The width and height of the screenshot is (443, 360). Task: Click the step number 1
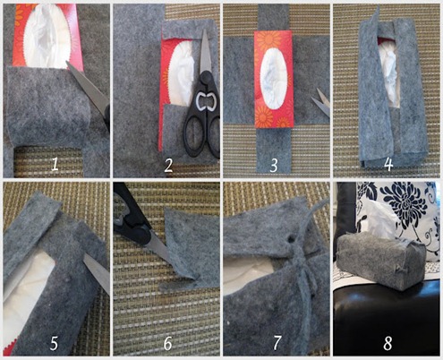pyautogui.click(x=55, y=165)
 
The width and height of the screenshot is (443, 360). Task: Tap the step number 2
pyautogui.click(x=168, y=165)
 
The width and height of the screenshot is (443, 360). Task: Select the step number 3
pyautogui.click(x=274, y=165)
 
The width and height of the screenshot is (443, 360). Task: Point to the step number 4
pyautogui.click(x=388, y=164)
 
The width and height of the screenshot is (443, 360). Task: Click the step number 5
pyautogui.click(x=54, y=343)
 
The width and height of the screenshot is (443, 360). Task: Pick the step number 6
pyautogui.click(x=168, y=343)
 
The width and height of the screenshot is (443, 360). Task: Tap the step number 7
pyautogui.click(x=277, y=343)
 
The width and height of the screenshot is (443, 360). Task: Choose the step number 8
pyautogui.click(x=388, y=343)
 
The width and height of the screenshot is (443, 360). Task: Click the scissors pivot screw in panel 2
pyautogui.click(x=206, y=78)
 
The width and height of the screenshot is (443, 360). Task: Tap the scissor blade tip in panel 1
pyautogui.click(x=67, y=62)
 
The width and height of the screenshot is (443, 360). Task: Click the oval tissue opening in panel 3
pyautogui.click(x=275, y=78)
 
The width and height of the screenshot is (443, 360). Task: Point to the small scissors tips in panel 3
pyautogui.click(x=321, y=101)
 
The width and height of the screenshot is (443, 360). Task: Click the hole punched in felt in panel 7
pyautogui.click(x=290, y=239)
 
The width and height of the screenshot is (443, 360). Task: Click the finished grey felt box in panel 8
pyautogui.click(x=381, y=261)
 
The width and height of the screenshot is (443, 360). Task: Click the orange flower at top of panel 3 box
pyautogui.click(x=269, y=39)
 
